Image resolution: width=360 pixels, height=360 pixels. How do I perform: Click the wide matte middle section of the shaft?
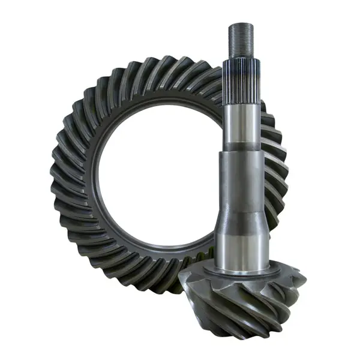[241, 186]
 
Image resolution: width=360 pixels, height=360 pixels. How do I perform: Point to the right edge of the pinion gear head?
[303, 282]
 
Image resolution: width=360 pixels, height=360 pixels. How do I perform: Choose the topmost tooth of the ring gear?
[162, 63]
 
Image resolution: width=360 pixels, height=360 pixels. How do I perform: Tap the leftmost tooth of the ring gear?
[57, 180]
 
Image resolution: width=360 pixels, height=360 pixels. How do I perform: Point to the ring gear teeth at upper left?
[90, 102]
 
